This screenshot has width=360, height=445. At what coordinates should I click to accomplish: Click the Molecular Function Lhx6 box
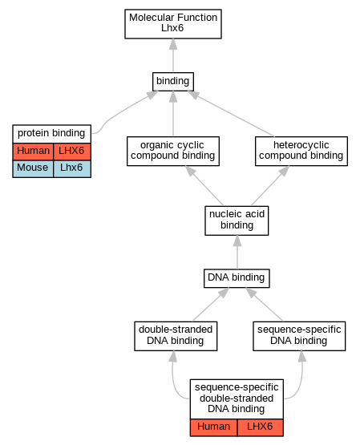173,24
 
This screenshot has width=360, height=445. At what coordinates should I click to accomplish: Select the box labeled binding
173,82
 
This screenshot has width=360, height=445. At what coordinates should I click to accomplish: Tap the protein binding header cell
51,134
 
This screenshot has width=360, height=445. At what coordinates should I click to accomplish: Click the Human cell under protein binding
33,152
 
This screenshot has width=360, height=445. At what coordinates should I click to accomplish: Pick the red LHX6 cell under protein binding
72,152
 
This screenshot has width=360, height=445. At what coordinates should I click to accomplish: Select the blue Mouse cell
33,169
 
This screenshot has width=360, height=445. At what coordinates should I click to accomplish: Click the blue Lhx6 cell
72,169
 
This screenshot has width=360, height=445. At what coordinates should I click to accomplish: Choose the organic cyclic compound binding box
173,152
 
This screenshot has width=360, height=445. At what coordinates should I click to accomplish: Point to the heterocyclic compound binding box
301,152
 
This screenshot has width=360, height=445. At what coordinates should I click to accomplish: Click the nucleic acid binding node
237,220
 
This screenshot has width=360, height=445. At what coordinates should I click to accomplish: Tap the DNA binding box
237,278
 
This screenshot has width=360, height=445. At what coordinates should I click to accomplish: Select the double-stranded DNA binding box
176,336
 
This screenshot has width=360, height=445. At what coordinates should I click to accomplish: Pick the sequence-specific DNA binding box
299,336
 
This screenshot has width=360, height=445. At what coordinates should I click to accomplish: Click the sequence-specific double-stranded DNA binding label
237,399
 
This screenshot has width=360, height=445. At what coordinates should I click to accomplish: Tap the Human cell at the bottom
213,427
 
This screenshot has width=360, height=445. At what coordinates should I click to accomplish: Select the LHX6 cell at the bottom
260,427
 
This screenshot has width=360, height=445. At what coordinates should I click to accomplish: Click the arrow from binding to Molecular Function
173,55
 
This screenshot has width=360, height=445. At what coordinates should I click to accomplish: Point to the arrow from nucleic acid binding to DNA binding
237,253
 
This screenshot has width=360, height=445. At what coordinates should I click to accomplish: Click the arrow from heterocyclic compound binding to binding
231,114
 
